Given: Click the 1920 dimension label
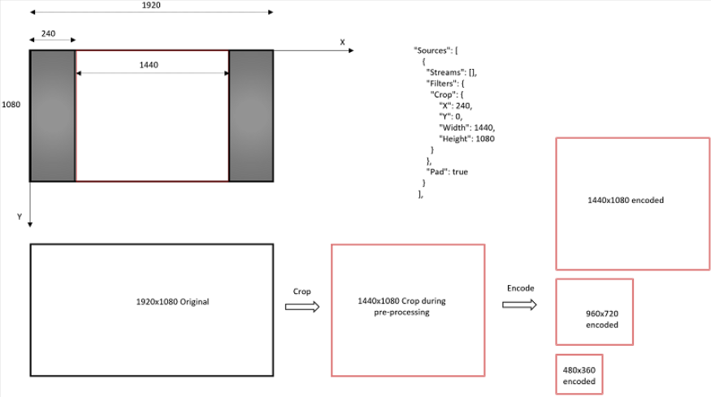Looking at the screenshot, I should coord(150,5).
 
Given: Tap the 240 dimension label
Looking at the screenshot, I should coord(49,34).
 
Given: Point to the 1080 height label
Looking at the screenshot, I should coord(11,105).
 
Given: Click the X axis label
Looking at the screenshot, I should coord(342,42).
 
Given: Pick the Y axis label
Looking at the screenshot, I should coord(20,217).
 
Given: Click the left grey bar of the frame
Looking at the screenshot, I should coord(53,115).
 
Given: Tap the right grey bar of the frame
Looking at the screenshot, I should coord(250,115).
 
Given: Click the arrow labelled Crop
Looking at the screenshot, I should coord(301,307).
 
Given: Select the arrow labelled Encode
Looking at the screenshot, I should coord(518,304).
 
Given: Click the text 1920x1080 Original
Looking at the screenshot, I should coord(172,302).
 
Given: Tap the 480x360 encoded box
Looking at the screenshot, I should coord(579,374).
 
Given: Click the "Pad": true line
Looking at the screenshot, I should coord(450,172).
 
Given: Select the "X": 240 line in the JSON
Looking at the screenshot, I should coord(455,106).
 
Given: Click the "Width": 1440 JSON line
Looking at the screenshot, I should coord(466,127).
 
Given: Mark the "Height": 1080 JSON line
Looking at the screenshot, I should coord(466,139).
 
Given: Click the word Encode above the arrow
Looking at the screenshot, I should coord(520,288).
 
